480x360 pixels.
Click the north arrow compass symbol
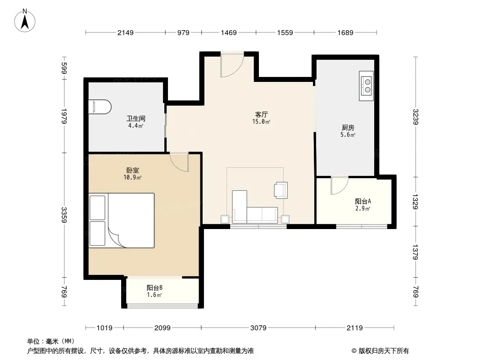pos(25,21)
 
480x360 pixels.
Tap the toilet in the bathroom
pos(100,107)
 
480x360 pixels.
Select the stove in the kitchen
pos(366,86)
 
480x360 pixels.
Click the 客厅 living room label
pos(262,114)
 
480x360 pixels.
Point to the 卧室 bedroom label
pos(133,171)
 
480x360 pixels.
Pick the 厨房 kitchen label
pos(348,127)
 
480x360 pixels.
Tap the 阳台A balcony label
pos(363,201)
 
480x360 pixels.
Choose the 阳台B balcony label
pos(154,288)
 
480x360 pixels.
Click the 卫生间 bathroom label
pos(136,118)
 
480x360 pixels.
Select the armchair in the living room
pos(281,190)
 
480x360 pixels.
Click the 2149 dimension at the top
pos(126,32)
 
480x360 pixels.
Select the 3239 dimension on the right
pos(416,117)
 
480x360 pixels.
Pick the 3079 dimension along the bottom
pos(258,328)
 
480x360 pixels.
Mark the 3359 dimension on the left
pos(64,215)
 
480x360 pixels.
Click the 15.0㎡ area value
pos(261,122)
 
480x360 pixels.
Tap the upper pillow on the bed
pos(97,207)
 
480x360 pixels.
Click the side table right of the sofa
pos(285,219)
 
